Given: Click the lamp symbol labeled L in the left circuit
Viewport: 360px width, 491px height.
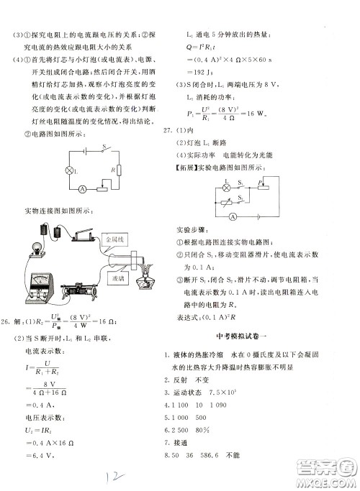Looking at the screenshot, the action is tap(70, 170).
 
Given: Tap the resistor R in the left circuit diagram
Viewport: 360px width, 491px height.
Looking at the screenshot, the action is tap(120, 170).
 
